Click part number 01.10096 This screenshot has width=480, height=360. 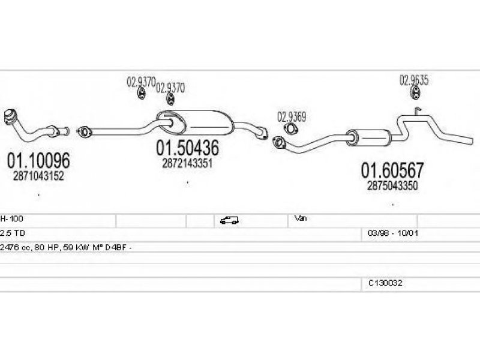coord(38,160)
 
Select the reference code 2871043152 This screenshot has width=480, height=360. coord(38,176)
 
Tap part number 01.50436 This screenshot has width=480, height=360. coord(187,148)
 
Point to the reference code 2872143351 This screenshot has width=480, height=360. coord(187,163)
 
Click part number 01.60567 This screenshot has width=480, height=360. coord(392,170)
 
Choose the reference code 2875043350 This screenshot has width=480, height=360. coord(392,186)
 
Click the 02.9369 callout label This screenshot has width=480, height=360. coord(292,116)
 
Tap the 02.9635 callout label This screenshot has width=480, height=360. coord(414,80)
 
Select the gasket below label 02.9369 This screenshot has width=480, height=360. coord(290,129)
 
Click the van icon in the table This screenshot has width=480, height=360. coord(229,220)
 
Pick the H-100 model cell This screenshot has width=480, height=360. coord(11,219)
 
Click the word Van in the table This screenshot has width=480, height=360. coord(301,218)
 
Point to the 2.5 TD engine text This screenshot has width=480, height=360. coord(13,233)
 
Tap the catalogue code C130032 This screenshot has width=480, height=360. coord(385,283)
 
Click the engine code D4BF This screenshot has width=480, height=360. coord(116,248)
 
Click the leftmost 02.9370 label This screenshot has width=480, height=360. coord(141,82)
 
